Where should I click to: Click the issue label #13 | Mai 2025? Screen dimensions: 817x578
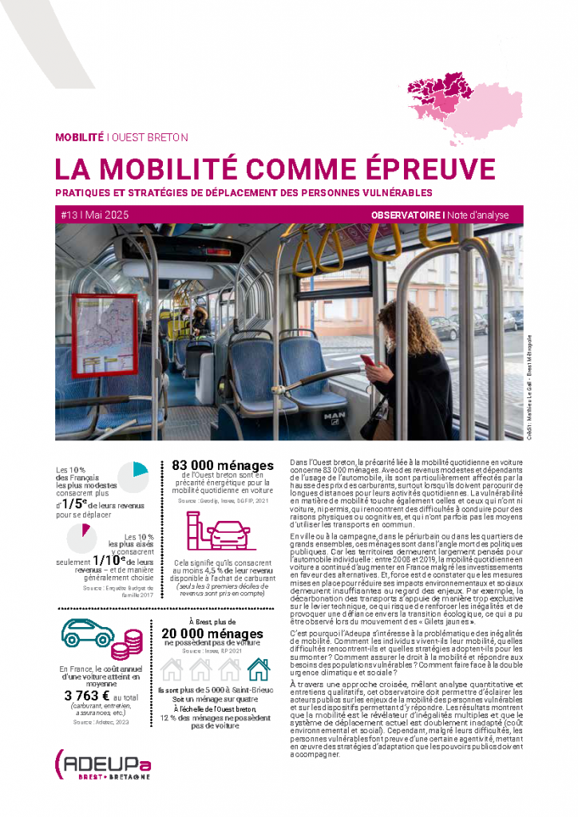[x=93, y=215]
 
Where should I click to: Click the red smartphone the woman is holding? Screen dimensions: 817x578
[x=367, y=362]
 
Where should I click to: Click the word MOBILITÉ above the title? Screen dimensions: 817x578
[x=79, y=137]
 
